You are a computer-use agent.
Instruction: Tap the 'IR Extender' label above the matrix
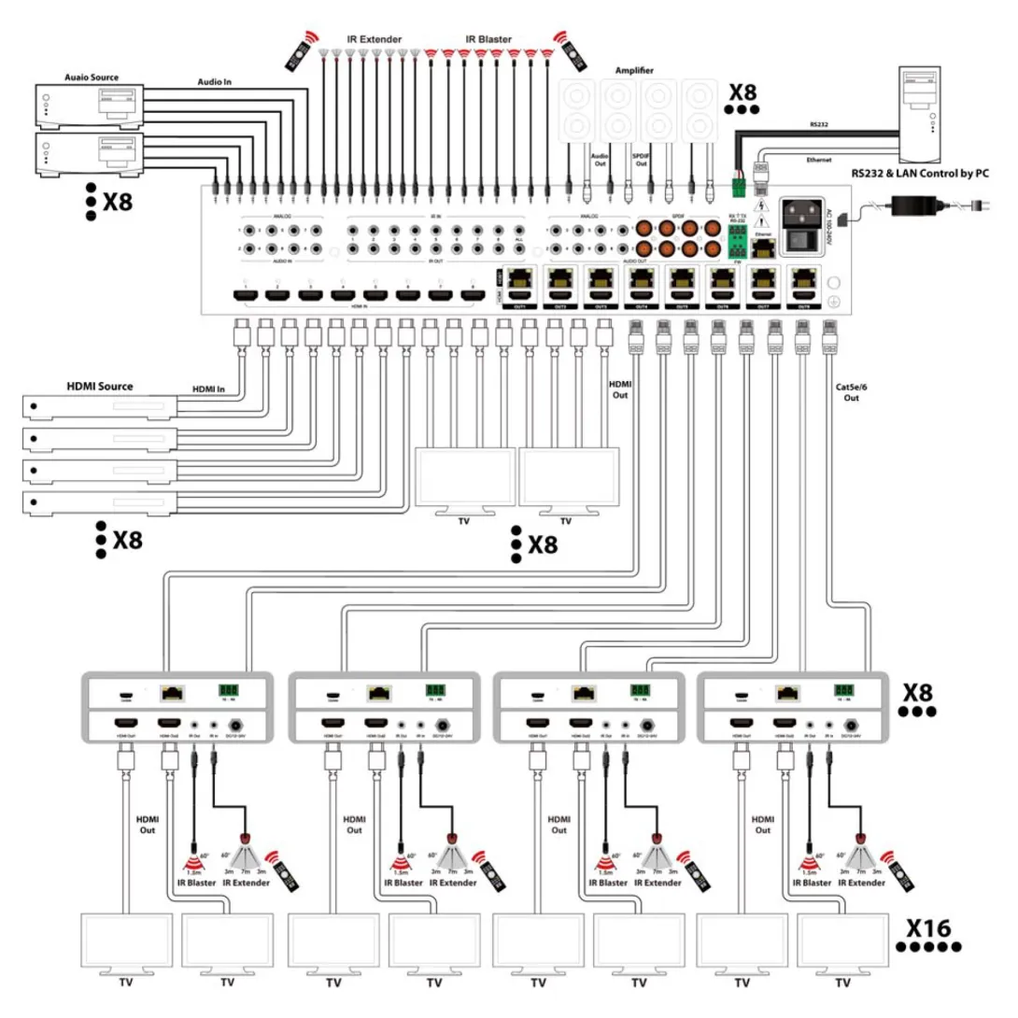coord(374,39)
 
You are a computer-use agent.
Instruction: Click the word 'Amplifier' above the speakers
coord(634,70)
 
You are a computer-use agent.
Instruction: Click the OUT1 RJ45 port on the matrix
coord(519,280)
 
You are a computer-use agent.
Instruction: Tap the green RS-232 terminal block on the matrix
coord(739,246)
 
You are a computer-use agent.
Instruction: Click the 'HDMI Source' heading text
coord(100,385)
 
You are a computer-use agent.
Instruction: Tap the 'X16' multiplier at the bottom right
coord(927,928)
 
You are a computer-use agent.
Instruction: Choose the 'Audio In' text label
coord(214,82)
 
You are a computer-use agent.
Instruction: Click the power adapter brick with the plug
coord(919,204)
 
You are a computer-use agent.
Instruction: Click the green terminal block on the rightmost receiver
coord(843,689)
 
